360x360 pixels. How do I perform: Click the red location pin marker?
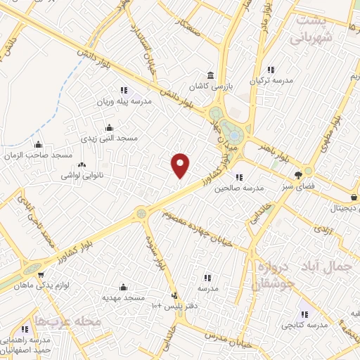[x=181, y=165]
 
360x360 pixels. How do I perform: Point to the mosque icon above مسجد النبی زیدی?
[x=109, y=128]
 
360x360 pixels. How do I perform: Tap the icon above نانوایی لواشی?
[x=82, y=165]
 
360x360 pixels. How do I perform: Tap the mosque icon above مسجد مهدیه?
[x=124, y=287]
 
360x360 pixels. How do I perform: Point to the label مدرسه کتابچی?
[x=305, y=326]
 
